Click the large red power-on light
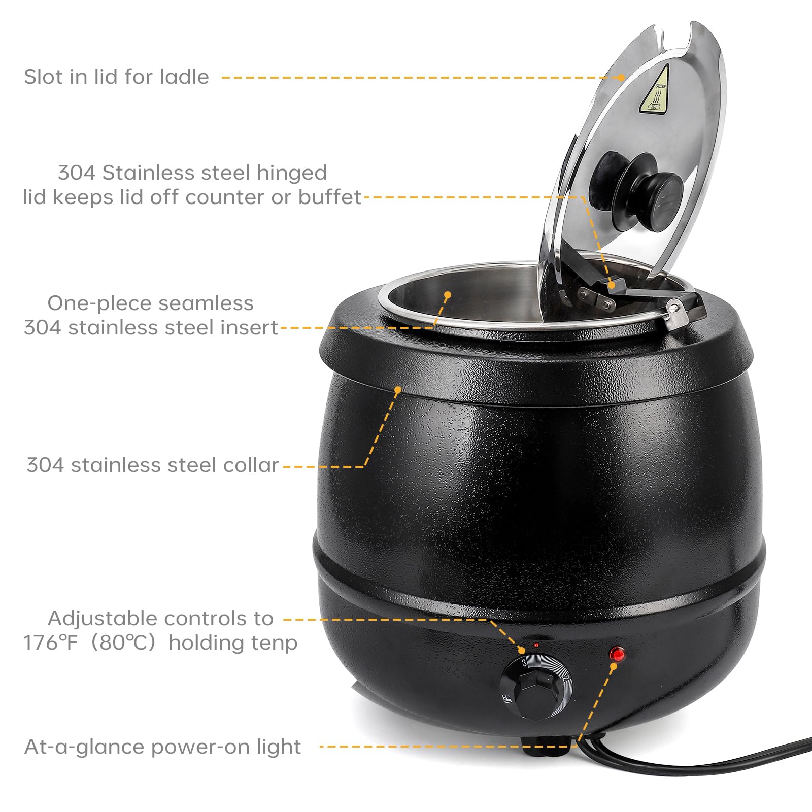[x=617, y=654]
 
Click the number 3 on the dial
[x=524, y=662]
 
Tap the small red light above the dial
[x=536, y=645]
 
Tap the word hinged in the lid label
[x=291, y=174]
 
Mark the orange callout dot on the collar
[x=398, y=390]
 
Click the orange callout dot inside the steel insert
[x=448, y=294]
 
